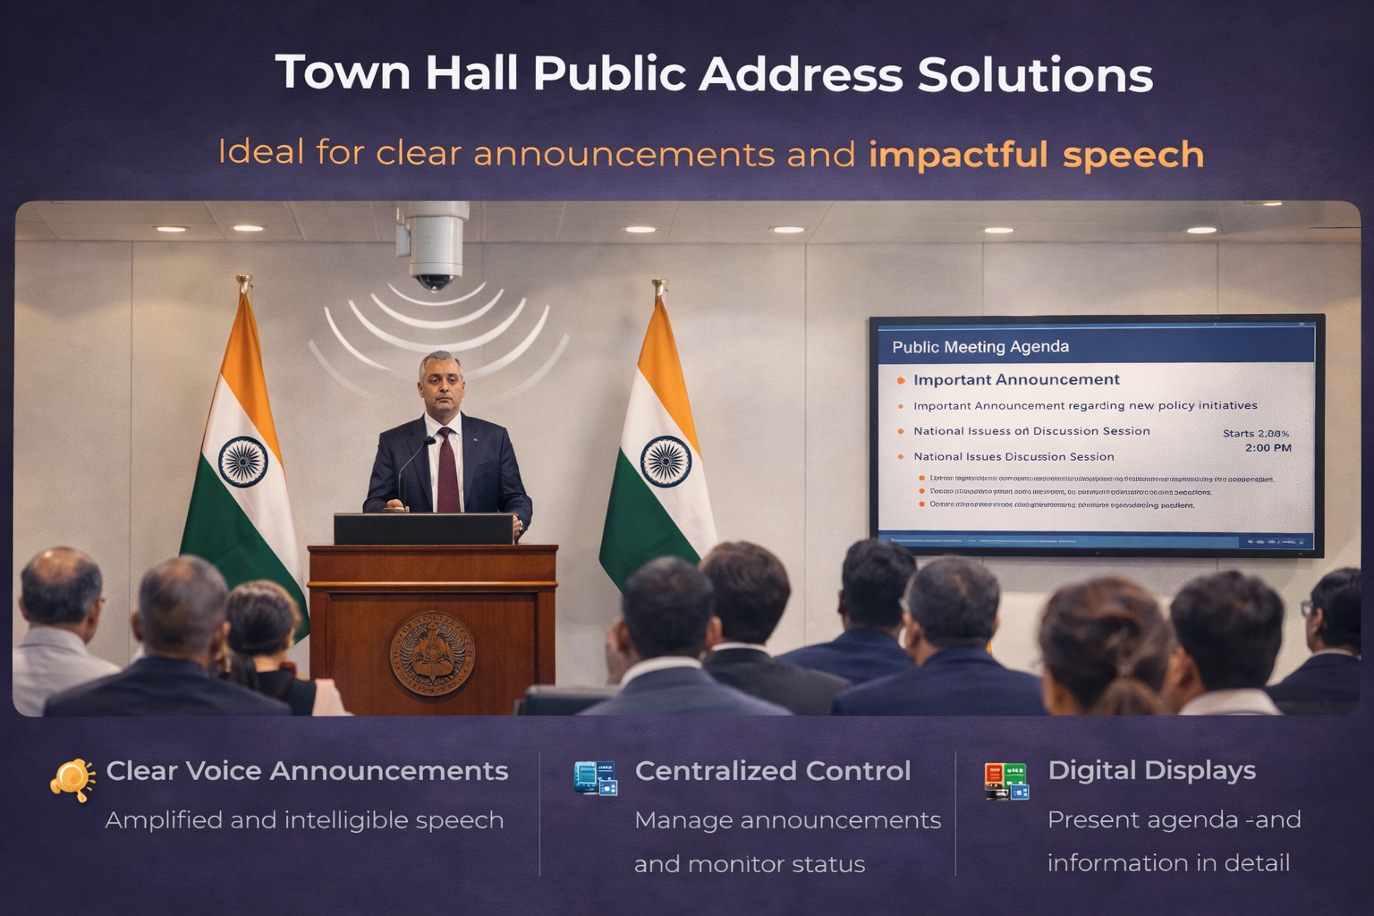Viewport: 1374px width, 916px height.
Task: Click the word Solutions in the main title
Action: pyautogui.click(x=1034, y=74)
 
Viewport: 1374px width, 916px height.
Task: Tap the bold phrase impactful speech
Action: pyautogui.click(x=1036, y=155)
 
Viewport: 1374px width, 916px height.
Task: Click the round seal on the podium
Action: pyautogui.click(x=432, y=654)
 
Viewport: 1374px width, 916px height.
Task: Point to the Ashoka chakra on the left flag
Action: pyautogui.click(x=243, y=462)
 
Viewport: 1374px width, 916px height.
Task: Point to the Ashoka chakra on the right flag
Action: pyautogui.click(x=666, y=462)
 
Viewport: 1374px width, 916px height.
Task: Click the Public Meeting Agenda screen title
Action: pyautogui.click(x=980, y=347)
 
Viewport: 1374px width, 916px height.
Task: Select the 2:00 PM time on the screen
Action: pyautogui.click(x=1268, y=447)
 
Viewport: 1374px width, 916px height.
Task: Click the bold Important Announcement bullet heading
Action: pyautogui.click(x=1016, y=380)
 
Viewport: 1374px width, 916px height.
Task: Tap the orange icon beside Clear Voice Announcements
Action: pyautogui.click(x=72, y=779)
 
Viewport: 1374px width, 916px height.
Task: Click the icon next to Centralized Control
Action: pyautogui.click(x=595, y=778)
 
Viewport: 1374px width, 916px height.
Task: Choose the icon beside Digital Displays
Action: pyautogui.click(x=1006, y=781)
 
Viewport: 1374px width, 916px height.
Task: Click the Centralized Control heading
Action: pyautogui.click(x=772, y=771)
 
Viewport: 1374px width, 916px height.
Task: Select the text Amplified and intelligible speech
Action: pyautogui.click(x=304, y=820)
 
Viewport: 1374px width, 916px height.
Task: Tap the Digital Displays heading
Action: pyautogui.click(x=1151, y=770)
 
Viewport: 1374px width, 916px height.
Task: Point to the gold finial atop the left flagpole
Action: pyautogui.click(x=243, y=284)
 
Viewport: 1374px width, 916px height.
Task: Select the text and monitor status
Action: pyautogui.click(x=750, y=864)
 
